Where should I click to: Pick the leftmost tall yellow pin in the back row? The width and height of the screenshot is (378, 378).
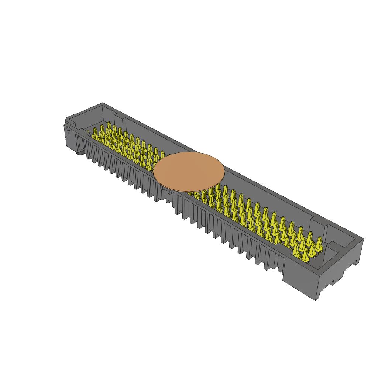click(96, 132)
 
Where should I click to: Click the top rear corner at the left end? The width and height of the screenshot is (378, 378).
click(103, 103)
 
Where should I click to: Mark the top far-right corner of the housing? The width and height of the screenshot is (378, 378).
click(363, 239)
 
